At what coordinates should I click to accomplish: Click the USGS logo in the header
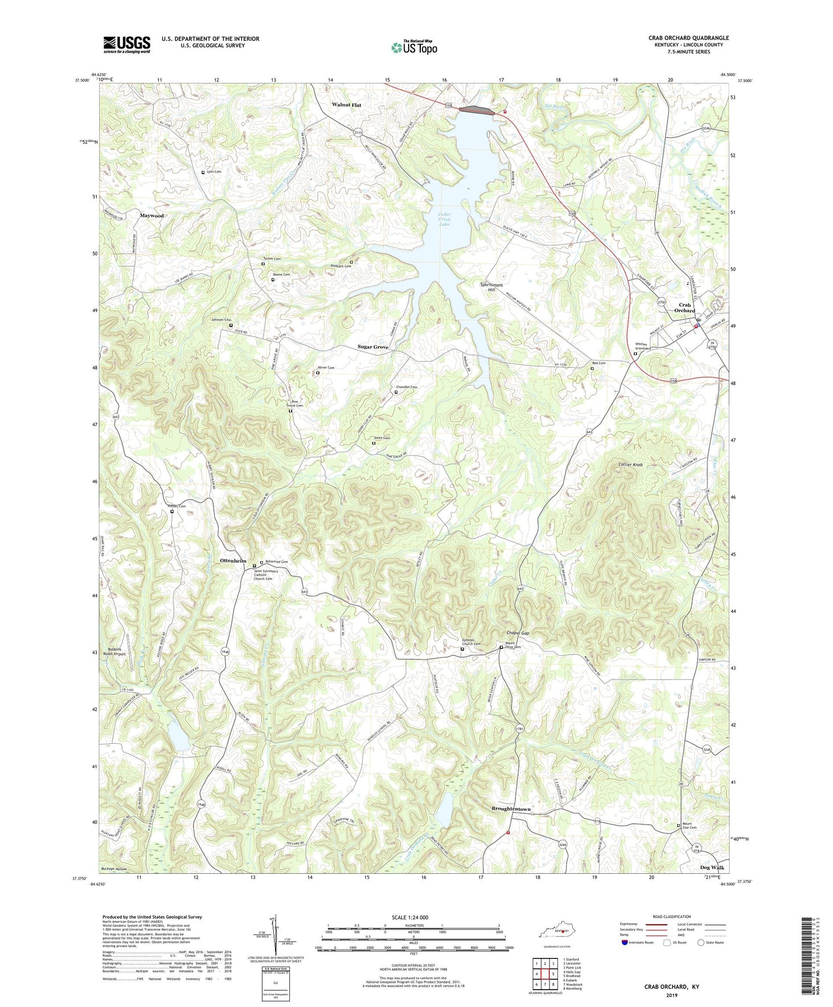pos(127,44)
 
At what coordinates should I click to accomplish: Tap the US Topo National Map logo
pos(414,47)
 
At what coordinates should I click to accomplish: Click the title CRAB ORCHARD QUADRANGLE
pos(688,38)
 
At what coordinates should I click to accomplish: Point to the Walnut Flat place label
pos(346,105)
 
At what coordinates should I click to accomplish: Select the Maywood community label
pos(152,216)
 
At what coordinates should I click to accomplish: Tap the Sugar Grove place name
pos(372,347)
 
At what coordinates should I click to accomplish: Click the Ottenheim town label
pos(233,561)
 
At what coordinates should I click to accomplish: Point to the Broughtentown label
pos(511,809)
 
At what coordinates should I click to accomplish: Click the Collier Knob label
pos(630,464)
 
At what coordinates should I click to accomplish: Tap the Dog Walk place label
pos(712,867)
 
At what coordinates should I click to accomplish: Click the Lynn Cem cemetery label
pos(214,172)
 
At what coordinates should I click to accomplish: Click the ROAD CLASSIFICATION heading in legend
pos(672,916)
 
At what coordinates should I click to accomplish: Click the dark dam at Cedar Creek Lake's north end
pos(477,110)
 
